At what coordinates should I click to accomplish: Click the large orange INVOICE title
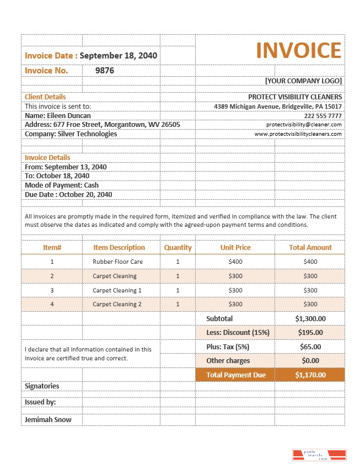coord(298,50)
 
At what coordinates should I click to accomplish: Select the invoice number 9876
coord(105,71)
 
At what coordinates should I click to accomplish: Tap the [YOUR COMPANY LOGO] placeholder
coord(303,81)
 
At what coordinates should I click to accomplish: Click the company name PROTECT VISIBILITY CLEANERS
coord(295,97)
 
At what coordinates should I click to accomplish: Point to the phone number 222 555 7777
coord(323,116)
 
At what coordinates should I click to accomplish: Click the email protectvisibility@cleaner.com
coord(304,125)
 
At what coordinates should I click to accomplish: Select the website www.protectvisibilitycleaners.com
coord(298,134)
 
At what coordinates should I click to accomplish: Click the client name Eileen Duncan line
coord(58,116)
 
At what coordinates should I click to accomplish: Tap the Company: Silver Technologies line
coord(71,134)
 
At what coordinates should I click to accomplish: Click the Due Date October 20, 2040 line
coord(68,195)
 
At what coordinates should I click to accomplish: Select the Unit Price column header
coord(235,248)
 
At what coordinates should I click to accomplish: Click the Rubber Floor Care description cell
coord(117,262)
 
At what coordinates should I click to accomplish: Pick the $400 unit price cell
coord(235,262)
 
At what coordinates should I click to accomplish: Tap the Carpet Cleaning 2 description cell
coord(117,305)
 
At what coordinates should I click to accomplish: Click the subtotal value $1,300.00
coord(310,319)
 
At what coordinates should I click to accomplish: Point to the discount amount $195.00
coord(310,333)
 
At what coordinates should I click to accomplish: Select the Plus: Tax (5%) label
coord(228,347)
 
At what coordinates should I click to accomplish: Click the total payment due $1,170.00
coord(310,375)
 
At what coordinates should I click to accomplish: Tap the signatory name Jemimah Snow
coord(48,420)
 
